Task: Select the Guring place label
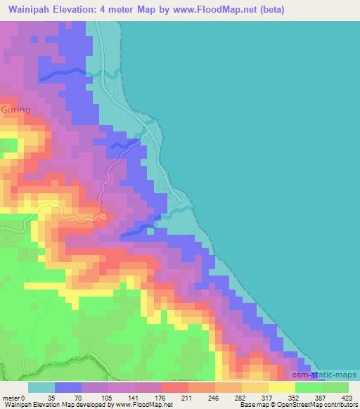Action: coord(16,110)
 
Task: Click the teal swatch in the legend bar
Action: coord(41,387)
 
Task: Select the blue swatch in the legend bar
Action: coord(68,387)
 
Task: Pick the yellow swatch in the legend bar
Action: coord(281,387)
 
